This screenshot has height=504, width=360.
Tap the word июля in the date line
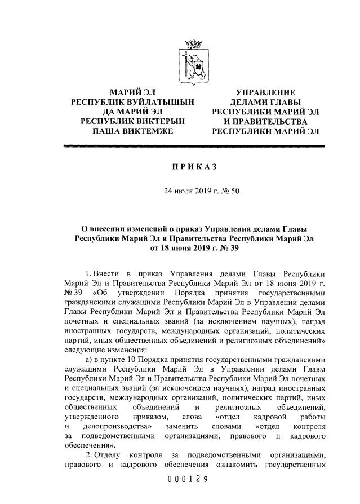(174, 191)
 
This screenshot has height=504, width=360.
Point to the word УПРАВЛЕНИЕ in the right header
(265, 92)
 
